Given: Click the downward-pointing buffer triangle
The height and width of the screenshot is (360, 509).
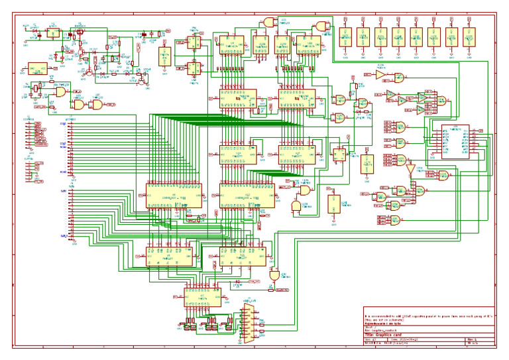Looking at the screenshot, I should tap(410, 170).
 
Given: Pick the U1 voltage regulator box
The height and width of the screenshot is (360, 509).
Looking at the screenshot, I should tap(52, 32).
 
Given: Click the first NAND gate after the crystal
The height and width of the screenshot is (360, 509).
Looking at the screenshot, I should tap(61, 93).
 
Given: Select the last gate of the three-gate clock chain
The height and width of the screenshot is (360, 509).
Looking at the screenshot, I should tap(97, 105).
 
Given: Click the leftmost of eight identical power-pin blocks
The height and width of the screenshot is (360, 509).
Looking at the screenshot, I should tap(345, 37).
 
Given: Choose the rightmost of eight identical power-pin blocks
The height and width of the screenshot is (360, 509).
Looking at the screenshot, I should tap(469, 37).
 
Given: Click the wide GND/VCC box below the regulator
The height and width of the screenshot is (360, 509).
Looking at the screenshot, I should tap(36, 68).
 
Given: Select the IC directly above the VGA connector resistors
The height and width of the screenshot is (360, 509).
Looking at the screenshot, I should tap(203, 296).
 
